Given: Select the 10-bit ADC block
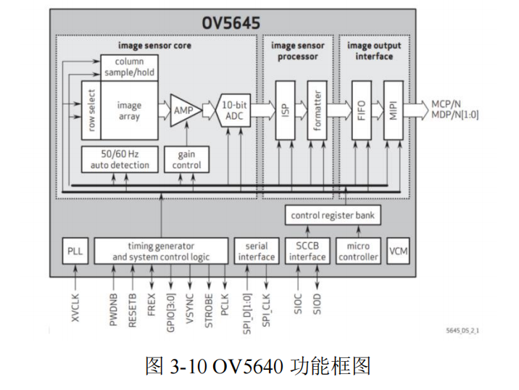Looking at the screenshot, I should [233, 110].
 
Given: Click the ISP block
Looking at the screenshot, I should [284, 109].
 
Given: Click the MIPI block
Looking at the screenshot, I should [392, 109].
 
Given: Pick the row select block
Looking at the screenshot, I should [91, 109].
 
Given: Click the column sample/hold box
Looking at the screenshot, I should [128, 67].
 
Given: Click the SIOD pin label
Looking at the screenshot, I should [316, 303].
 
